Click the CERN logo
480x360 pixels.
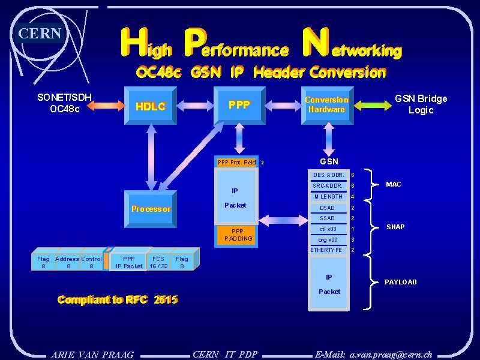[40, 33]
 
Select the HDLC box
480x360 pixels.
[150, 106]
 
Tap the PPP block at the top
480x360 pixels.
[239, 105]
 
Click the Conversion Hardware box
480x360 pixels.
[326, 105]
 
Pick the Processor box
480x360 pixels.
[151, 209]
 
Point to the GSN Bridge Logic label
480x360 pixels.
[421, 104]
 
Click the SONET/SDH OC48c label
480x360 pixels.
[64, 103]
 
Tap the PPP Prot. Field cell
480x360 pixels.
[236, 163]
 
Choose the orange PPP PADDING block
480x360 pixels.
[238, 235]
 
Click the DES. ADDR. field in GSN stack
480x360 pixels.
[328, 175]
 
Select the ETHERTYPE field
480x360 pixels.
[327, 250]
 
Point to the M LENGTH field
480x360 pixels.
[328, 197]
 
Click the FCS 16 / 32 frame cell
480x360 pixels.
[158, 262]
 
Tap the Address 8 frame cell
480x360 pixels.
[67, 262]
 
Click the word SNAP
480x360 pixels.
[395, 227]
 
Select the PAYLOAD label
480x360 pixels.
[401, 282]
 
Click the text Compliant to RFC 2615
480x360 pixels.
[118, 299]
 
